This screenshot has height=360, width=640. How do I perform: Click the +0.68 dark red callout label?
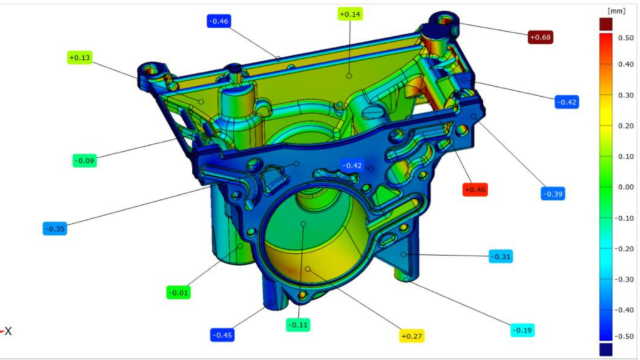(x=540, y=37)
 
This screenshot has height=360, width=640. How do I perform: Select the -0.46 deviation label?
(x=219, y=21)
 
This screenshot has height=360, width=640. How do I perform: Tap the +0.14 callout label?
(x=350, y=14)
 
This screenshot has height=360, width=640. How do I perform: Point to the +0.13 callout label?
(x=79, y=58)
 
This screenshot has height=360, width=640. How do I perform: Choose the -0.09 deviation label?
(x=84, y=161)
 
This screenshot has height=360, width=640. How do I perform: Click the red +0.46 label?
(x=474, y=189)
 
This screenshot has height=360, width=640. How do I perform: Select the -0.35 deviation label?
(x=56, y=229)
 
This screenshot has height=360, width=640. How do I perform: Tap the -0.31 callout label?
(x=500, y=256)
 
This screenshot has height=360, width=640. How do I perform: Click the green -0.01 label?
(x=178, y=292)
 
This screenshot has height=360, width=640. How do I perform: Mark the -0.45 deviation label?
(x=222, y=335)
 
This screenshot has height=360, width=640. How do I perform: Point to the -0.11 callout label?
(x=298, y=325)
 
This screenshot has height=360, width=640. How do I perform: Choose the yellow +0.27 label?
(x=411, y=336)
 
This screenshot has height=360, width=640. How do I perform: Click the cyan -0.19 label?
(x=522, y=331)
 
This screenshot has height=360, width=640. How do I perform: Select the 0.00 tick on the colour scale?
(x=625, y=187)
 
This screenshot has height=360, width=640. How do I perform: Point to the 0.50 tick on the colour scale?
(x=625, y=37)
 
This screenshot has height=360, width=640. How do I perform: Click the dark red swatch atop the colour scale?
(x=606, y=24)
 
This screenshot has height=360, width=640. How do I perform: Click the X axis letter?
(x=8, y=331)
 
